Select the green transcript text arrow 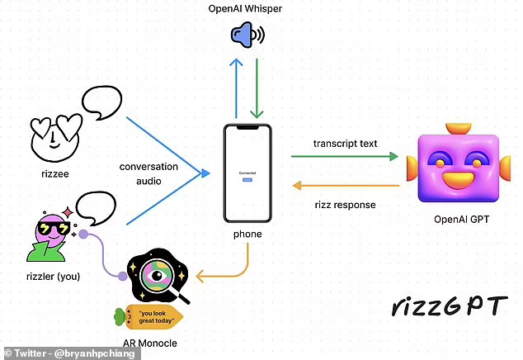pyautogui.click(x=345, y=155)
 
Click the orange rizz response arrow pyautogui.click(x=345, y=186)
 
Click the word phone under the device pyautogui.click(x=247, y=234)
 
